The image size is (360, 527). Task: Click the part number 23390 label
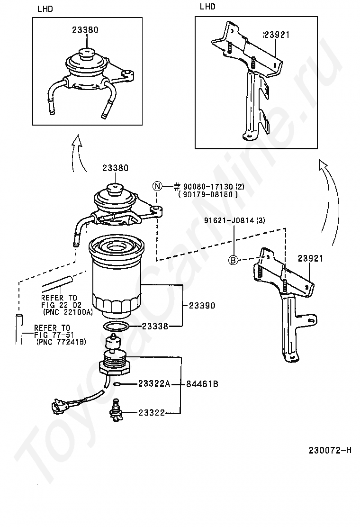[202, 306]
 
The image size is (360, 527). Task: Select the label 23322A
[154, 384]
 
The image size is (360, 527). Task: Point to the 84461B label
[202, 384]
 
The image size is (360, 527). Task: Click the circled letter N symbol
[157, 186]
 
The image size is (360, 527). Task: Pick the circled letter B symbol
[234, 259]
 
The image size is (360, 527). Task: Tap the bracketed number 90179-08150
[208, 194]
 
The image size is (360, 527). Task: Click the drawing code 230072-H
[330, 450]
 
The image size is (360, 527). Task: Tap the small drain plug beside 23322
[117, 409]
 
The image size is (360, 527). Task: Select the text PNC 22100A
[68, 312]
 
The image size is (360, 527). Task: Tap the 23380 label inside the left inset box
[85, 30]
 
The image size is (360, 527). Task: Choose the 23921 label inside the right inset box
[277, 35]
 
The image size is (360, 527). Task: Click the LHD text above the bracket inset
[207, 6]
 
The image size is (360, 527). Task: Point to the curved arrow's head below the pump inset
[78, 138]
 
